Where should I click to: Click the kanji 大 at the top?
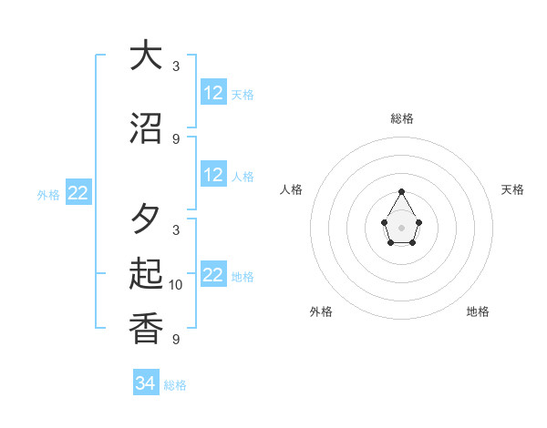point(146,56)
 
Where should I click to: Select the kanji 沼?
point(146,127)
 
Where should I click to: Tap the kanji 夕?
point(146,219)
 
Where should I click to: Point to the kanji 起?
point(146,273)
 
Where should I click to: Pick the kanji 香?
point(146,327)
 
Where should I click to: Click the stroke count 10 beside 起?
point(176,285)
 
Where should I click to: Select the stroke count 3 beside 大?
point(176,66)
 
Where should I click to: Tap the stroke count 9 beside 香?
point(176,340)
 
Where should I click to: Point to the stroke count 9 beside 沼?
point(176,139)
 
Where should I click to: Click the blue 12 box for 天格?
point(213,93)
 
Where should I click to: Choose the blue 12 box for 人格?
point(213,175)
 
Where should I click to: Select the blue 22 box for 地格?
point(213,275)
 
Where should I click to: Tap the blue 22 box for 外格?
point(78,193)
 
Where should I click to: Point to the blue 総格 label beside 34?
point(175,385)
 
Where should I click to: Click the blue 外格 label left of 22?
point(48,194)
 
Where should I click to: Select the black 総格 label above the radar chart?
point(402,119)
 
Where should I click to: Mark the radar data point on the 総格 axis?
point(402,191)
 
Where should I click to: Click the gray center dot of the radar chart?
point(402,227)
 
